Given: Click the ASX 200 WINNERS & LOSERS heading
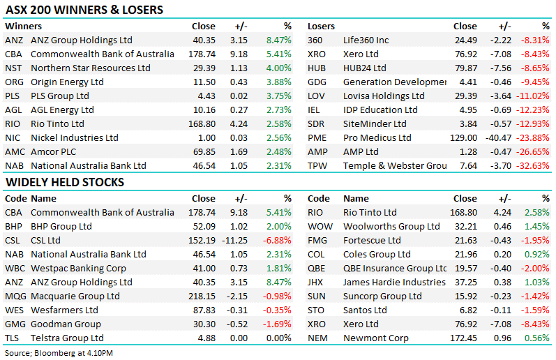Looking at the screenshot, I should (84, 10).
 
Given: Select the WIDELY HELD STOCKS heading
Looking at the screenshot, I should (65, 182).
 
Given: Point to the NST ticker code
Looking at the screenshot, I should (13, 68).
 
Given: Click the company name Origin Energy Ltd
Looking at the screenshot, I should (67, 82).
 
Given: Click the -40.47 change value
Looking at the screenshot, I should (500, 138).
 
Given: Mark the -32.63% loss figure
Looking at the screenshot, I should (534, 166).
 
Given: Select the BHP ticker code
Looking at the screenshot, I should (14, 227).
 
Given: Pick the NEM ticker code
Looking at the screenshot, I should (318, 338).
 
